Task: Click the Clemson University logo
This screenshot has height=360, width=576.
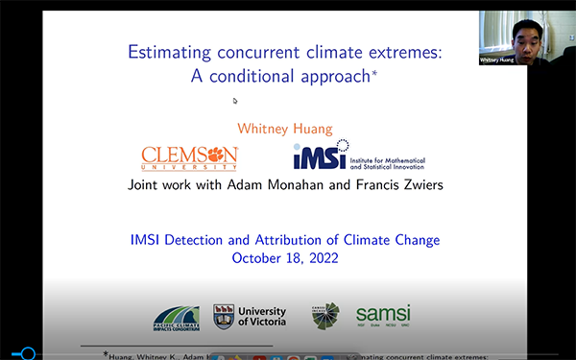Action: [x=189, y=156]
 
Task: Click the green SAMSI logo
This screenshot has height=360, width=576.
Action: [x=383, y=316]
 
